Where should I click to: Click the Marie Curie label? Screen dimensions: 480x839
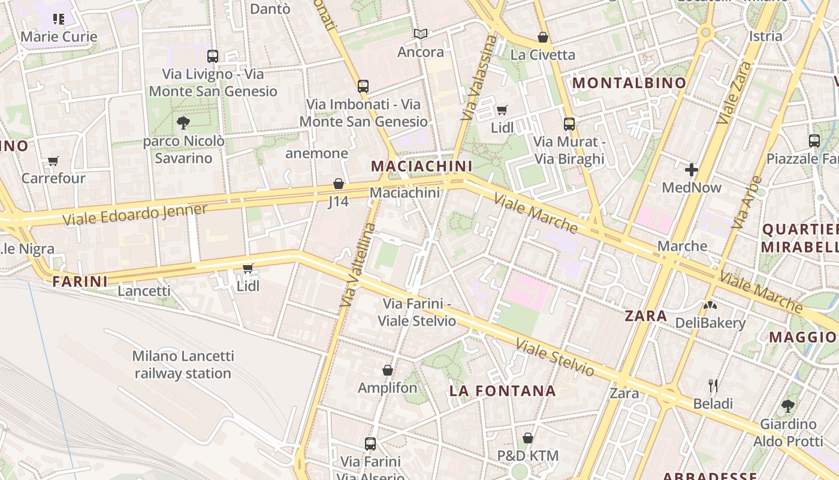[x=59, y=37]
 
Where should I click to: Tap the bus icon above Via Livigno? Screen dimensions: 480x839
[x=213, y=56]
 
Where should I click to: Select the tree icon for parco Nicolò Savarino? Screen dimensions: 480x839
[x=183, y=123]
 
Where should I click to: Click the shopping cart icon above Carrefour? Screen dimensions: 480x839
[x=53, y=161]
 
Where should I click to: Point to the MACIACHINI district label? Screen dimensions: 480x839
[x=421, y=166]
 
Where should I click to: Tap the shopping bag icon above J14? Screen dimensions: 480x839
[x=339, y=184]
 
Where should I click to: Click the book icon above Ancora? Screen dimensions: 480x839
[x=421, y=34]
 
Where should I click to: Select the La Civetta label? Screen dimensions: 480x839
[x=542, y=55]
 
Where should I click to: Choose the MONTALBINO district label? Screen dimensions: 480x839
[x=629, y=83]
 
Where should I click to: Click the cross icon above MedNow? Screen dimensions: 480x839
[x=692, y=170]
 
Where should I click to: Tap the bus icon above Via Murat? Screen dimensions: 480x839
[x=569, y=124]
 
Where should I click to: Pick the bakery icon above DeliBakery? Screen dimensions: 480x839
[x=710, y=305]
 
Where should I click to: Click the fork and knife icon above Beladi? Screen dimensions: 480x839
[x=713, y=385]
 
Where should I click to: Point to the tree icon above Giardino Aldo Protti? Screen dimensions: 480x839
[x=788, y=406]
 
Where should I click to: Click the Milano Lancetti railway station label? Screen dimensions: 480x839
[x=183, y=364]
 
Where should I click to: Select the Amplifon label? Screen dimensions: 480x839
[x=387, y=388]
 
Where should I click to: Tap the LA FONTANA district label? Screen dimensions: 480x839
[x=503, y=391]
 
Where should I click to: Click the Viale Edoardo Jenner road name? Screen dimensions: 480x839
[x=135, y=215]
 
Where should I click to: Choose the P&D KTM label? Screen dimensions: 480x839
[x=527, y=455]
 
